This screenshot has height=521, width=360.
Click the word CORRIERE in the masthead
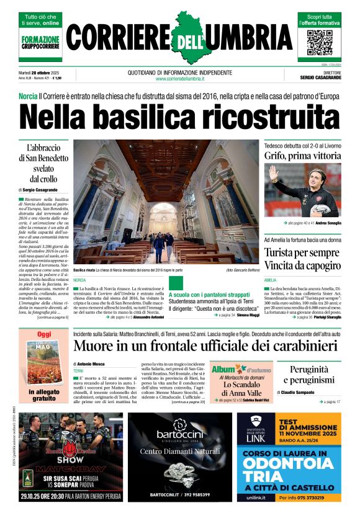click(117, 42)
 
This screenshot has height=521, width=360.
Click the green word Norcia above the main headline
click(28, 97)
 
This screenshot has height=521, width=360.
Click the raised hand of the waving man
click(273, 174)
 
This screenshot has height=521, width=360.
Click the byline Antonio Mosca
click(91, 363)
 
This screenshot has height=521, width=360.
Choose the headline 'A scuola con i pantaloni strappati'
click(209, 295)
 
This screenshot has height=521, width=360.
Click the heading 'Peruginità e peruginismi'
click(308, 375)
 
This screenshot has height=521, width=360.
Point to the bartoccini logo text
click(180, 434)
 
